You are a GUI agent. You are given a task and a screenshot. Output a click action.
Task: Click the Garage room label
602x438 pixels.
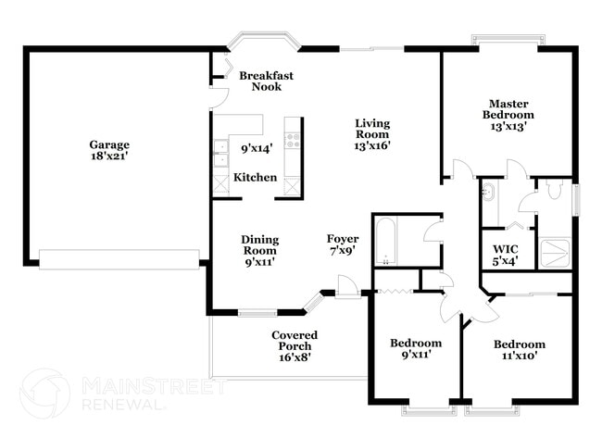click(x=108, y=144)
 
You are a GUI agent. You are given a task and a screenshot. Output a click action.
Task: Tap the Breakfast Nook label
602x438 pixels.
click(x=266, y=81)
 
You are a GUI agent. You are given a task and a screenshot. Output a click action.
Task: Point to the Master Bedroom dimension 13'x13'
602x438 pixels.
click(x=508, y=127)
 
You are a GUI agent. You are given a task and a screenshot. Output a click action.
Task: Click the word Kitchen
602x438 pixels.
click(x=255, y=177)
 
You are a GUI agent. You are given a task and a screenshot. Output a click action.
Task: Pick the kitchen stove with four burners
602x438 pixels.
click(x=293, y=142)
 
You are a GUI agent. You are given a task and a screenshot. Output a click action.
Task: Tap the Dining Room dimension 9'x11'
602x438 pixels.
click(x=260, y=261)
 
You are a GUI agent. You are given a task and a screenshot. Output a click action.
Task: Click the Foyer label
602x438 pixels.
click(x=343, y=239)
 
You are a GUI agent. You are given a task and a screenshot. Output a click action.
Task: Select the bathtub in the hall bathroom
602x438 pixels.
click(x=386, y=240)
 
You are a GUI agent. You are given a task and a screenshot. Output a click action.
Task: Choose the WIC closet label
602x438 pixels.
click(x=505, y=248)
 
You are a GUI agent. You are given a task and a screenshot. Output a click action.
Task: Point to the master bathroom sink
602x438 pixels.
click(x=488, y=193)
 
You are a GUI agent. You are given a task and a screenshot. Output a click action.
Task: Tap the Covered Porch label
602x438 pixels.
click(x=295, y=335)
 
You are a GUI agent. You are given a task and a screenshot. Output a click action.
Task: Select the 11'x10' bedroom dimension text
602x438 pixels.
click(x=519, y=355)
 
